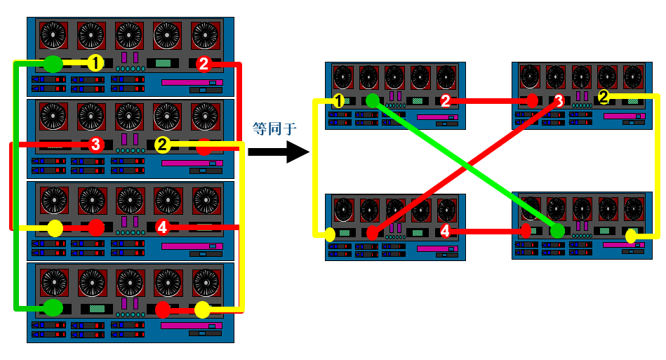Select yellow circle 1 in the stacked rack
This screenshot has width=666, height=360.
(95, 63)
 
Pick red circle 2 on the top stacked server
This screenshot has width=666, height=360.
(204, 64)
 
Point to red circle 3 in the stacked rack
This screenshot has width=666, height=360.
(96, 145)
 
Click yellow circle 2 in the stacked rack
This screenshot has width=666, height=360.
(163, 145)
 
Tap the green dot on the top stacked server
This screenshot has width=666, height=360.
(53, 64)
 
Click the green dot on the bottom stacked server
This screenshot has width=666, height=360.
(53, 307)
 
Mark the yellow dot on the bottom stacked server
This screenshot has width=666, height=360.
(203, 309)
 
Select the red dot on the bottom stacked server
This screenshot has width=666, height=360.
(163, 309)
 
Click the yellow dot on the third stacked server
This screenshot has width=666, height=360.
(55, 228)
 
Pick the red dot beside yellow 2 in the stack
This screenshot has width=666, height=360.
(204, 147)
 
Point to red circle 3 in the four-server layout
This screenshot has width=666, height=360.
(559, 100)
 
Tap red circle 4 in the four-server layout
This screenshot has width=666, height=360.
(445, 230)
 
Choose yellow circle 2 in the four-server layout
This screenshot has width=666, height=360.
(603, 97)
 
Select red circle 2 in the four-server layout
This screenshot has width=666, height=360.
(445, 100)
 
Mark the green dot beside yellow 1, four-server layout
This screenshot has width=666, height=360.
(372, 100)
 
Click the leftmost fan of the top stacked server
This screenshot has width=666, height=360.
(53, 35)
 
